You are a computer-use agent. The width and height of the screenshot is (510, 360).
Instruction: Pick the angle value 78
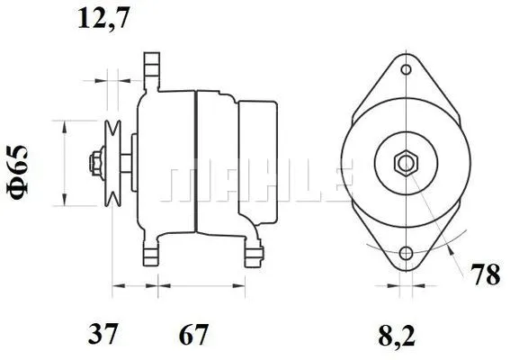click(x=486, y=275)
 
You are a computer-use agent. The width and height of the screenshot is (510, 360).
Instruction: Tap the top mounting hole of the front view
click(x=407, y=70)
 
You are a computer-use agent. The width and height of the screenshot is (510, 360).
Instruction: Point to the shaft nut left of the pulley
click(x=94, y=164)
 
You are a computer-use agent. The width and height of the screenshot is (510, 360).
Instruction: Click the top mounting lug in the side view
click(x=151, y=67)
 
